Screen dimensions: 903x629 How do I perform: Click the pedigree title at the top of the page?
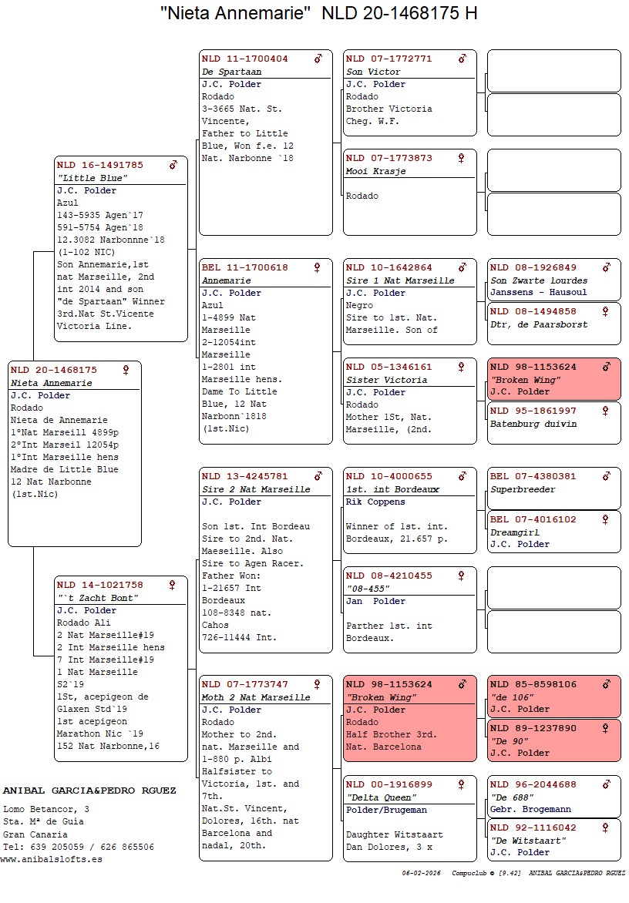click(318, 14)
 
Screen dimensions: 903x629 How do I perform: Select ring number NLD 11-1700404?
click(245, 59)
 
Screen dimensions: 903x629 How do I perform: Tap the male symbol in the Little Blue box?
click(173, 165)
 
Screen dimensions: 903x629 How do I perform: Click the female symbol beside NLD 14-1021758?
click(172, 585)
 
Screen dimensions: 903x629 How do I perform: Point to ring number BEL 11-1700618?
click(245, 267)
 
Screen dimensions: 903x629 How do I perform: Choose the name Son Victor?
click(373, 72)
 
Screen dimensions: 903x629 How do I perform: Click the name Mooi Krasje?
click(375, 171)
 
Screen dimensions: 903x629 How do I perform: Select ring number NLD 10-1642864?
click(389, 267)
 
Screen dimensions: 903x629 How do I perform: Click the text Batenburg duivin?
click(533, 424)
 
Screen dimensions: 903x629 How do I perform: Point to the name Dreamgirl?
click(516, 532)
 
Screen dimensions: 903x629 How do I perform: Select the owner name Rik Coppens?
click(375, 502)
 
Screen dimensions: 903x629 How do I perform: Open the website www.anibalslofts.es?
click(51, 859)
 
